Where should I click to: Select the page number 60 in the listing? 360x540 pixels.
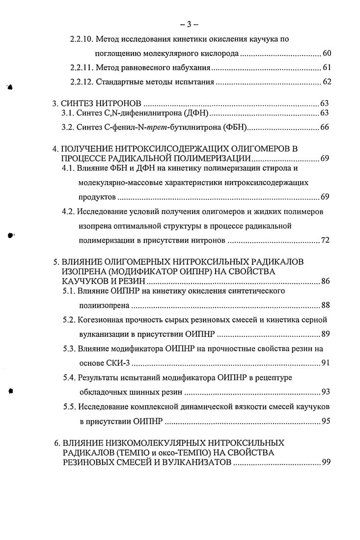tap(327, 53)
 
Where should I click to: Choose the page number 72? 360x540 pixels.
tap(325, 241)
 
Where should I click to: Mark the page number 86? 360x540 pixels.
tap(325, 281)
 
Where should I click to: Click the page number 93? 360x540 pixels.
tap(325, 392)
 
